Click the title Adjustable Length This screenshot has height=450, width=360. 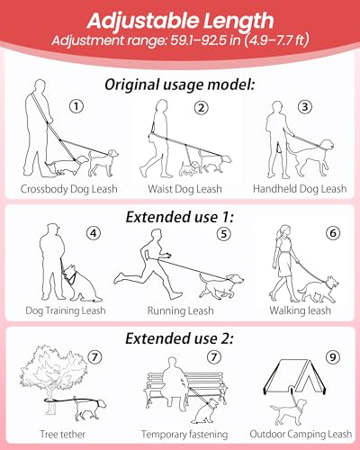[180, 21]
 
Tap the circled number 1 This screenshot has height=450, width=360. [76, 106]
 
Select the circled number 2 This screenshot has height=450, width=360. [201, 108]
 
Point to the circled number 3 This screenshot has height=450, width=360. [305, 106]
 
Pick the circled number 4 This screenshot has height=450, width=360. [94, 233]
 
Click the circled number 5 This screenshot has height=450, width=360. [224, 234]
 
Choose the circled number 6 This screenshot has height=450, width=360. [333, 233]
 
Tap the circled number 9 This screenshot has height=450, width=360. [333, 357]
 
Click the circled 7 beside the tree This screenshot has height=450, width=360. [94, 357]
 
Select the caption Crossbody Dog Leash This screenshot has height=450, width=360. [68, 189]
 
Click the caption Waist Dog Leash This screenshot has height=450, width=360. [184, 189]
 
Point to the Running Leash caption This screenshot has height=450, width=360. [180, 310]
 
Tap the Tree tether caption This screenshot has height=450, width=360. [63, 434]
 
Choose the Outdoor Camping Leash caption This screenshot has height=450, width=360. [301, 434]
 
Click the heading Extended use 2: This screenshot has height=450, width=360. [179, 338]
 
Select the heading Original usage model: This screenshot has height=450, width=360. [180, 85]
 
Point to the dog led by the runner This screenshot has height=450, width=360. [222, 285]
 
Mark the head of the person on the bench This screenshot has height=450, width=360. [172, 363]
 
